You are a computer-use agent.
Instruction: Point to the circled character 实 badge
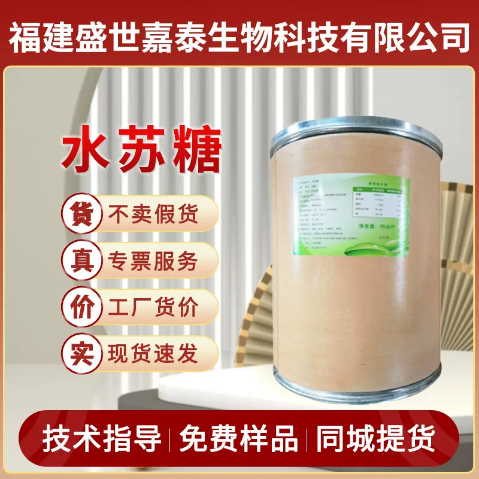81,353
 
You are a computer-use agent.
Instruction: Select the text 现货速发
152,354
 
